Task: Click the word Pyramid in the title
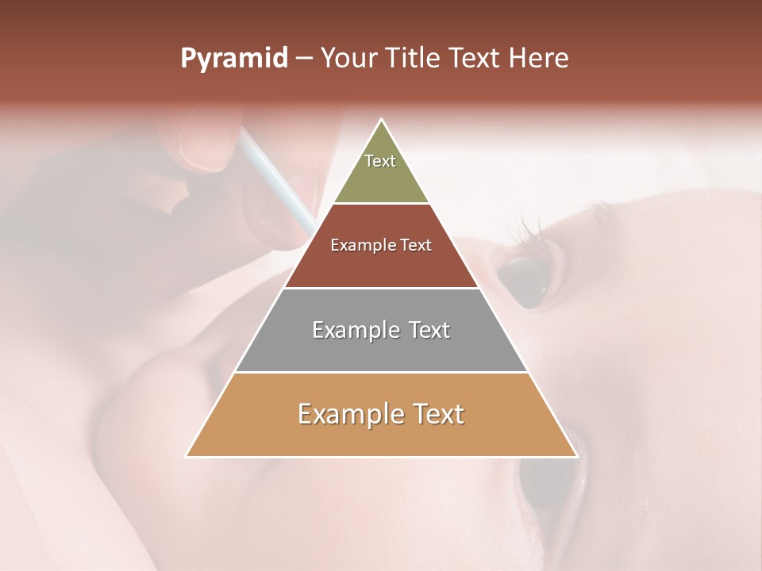point(233,59)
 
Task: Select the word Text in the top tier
point(380,161)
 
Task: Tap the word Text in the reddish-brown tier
point(416,246)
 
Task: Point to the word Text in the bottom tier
point(437,414)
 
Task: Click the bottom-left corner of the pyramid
point(187,456)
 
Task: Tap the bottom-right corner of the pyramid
point(577,456)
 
